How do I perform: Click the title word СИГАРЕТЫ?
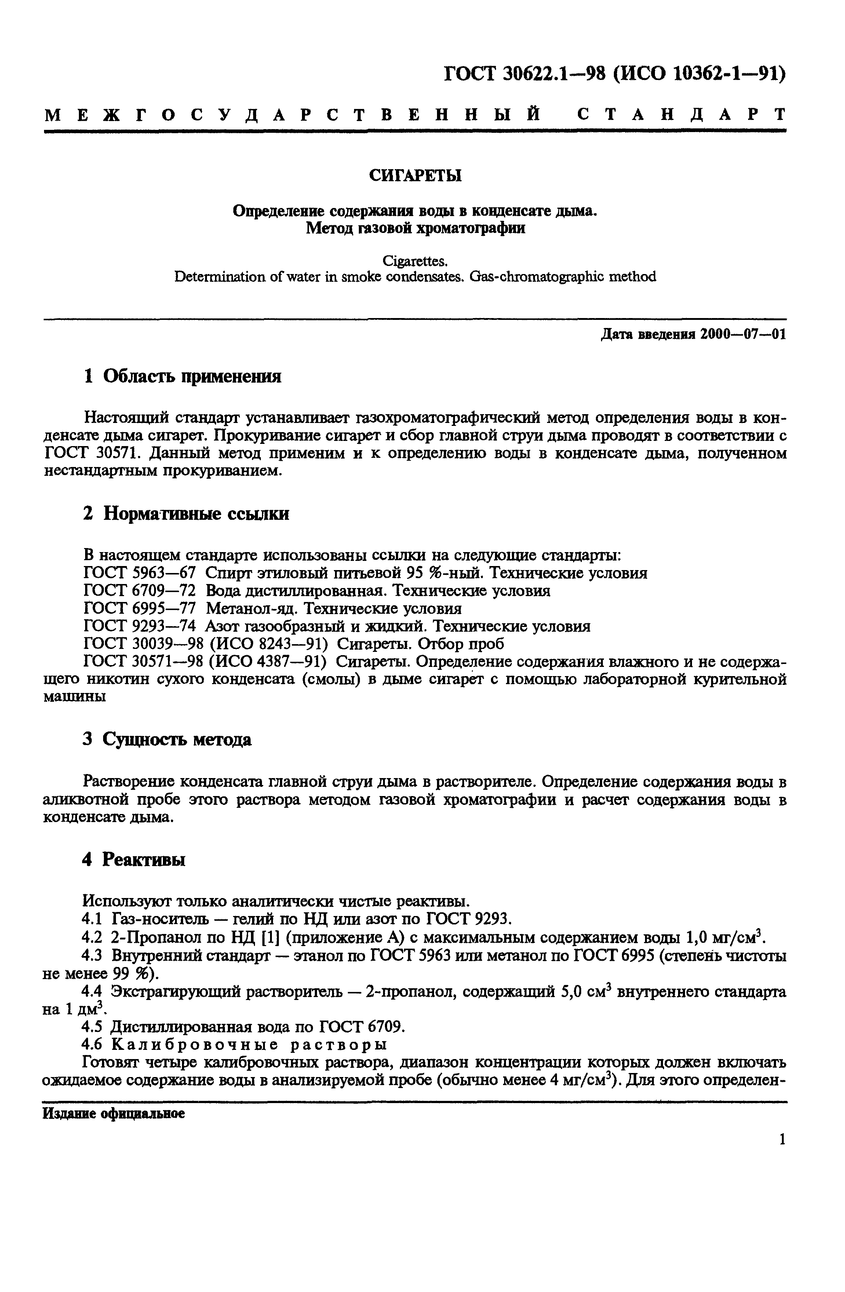415,175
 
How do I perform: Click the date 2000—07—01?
742,335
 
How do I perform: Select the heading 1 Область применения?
182,376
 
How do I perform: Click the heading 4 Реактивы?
134,859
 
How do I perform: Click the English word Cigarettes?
415,262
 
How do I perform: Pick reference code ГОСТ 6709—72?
140,591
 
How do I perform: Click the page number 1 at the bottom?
782,1139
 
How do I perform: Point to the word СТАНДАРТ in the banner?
681,114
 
